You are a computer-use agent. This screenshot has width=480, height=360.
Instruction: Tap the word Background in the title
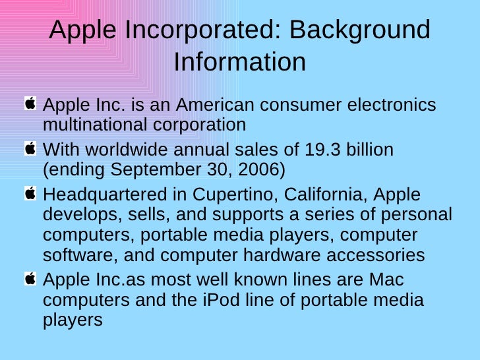[x=359, y=30]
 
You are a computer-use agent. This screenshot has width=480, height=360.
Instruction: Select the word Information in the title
[x=240, y=62]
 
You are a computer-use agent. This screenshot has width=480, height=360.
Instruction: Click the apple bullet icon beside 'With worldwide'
[x=30, y=149]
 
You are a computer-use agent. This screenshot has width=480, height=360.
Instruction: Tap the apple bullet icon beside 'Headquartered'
[x=30, y=195]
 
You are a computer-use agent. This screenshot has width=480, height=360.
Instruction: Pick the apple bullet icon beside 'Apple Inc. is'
[x=30, y=104]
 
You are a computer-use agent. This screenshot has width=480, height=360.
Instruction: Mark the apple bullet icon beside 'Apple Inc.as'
[x=30, y=280]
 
